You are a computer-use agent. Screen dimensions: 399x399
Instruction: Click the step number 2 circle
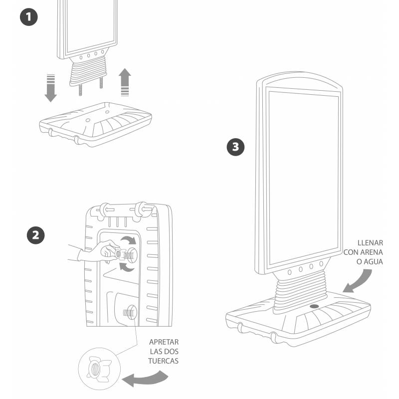34,235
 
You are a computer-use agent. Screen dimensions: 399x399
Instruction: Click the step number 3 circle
235,147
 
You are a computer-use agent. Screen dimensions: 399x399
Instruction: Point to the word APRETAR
164,342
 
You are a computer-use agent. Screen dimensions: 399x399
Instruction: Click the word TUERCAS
164,361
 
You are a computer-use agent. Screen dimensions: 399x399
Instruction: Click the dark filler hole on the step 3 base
314,306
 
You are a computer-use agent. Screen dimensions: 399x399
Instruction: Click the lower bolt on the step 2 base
128,313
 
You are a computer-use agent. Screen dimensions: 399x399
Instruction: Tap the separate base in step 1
95,125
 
